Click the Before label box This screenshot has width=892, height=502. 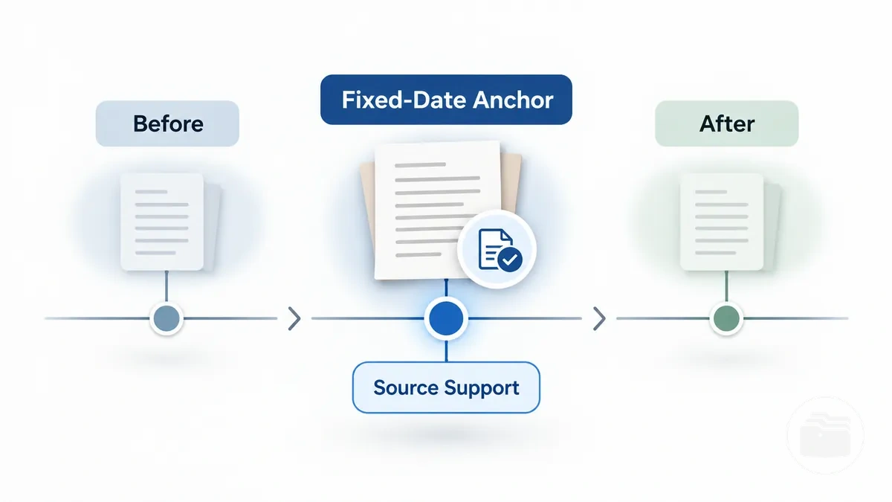coord(167,123)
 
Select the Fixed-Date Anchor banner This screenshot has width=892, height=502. coord(446,100)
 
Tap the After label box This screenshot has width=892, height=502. coord(727,123)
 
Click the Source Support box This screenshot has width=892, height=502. coord(446,387)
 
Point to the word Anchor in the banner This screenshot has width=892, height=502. coord(513,100)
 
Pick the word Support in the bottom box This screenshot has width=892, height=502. coord(482,388)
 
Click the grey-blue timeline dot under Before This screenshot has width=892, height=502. coord(167,318)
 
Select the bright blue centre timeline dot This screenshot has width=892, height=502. coord(446,318)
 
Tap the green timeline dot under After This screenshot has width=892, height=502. coord(726,318)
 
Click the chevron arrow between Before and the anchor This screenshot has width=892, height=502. coord(294,318)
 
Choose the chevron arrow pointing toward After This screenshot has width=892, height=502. coord(599,318)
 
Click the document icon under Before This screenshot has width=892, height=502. coord(167,222)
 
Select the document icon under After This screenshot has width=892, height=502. coord(727,222)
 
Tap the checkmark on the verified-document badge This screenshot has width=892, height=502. coord(510,260)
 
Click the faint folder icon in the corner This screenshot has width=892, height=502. coord(825,435)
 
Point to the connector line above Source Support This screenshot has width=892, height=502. coord(446,351)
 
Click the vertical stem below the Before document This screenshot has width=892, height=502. coord(167,286)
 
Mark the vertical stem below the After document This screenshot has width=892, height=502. coord(726,286)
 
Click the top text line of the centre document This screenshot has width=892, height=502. coord(420,164)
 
